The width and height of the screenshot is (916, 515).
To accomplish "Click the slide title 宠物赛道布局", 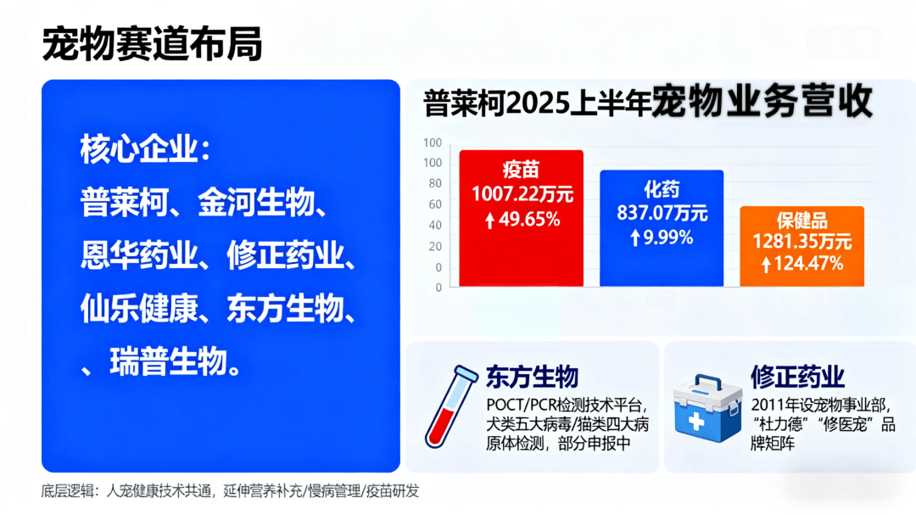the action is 152,44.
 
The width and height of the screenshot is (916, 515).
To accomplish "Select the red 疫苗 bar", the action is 521,218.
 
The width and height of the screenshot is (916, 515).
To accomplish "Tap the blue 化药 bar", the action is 662,228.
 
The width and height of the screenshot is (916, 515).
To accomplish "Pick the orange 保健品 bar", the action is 802,246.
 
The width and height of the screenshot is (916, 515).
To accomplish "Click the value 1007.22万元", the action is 522,194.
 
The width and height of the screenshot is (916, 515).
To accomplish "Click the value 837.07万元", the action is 662,213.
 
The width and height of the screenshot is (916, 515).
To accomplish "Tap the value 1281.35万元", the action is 802,241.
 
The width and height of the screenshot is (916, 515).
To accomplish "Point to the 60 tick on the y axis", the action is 435,204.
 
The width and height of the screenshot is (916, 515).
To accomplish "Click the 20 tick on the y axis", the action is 435,246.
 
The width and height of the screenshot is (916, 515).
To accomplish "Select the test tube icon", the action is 450,407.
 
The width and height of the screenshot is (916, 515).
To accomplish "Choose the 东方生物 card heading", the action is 532,377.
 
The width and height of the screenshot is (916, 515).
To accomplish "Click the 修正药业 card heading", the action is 797,377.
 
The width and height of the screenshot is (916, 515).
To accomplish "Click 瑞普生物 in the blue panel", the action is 168,361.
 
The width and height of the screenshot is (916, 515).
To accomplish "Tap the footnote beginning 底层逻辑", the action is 230,491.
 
